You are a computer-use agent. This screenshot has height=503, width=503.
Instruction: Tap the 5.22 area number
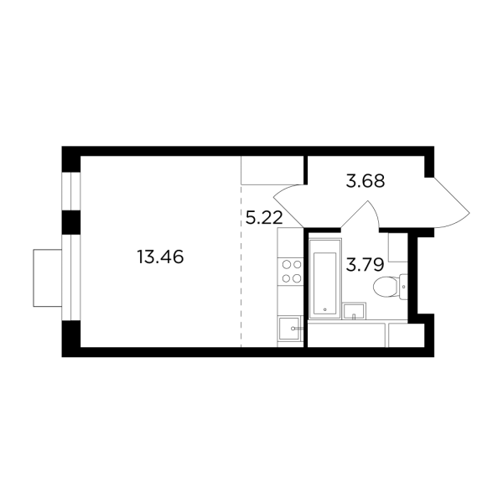pyautogui.click(x=262, y=219)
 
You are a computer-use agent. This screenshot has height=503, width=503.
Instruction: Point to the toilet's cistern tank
pyautogui.click(x=403, y=287)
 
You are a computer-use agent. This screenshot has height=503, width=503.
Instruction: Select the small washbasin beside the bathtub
pyautogui.click(x=356, y=312)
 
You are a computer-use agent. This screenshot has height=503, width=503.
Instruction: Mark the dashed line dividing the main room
pyautogui.click(x=241, y=277)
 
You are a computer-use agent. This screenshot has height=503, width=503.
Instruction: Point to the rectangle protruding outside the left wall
pyautogui.click(x=47, y=277)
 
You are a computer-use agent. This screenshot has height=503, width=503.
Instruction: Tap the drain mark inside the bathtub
pyautogui.click(x=324, y=309)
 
